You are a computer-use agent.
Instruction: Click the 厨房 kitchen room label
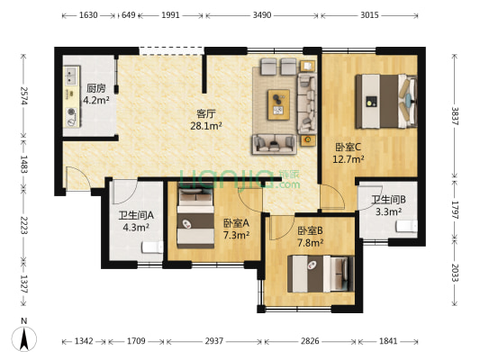pos(95,89)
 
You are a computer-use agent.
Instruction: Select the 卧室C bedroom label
pos(348,147)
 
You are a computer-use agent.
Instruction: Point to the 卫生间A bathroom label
pos(135,216)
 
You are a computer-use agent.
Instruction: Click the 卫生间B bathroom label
pos(388,200)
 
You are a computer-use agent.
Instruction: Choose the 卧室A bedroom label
pos(236,223)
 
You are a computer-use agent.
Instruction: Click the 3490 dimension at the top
pos(261,16)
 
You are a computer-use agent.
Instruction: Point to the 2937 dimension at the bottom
pos(213,342)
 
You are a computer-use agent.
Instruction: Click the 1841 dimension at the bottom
pos(387,342)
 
